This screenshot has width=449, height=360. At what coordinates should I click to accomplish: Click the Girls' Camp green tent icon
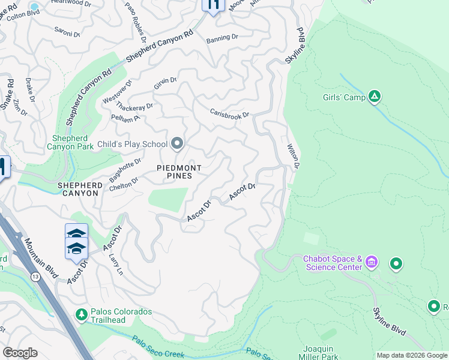(375, 96)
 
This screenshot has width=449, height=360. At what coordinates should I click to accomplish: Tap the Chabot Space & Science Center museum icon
(372, 263)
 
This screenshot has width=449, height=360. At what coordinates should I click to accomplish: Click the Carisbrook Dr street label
(229, 113)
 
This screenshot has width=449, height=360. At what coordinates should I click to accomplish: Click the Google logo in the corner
(20, 353)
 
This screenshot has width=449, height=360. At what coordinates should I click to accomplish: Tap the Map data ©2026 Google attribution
(412, 355)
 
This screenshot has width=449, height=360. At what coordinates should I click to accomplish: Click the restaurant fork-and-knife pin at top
(212, 5)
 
